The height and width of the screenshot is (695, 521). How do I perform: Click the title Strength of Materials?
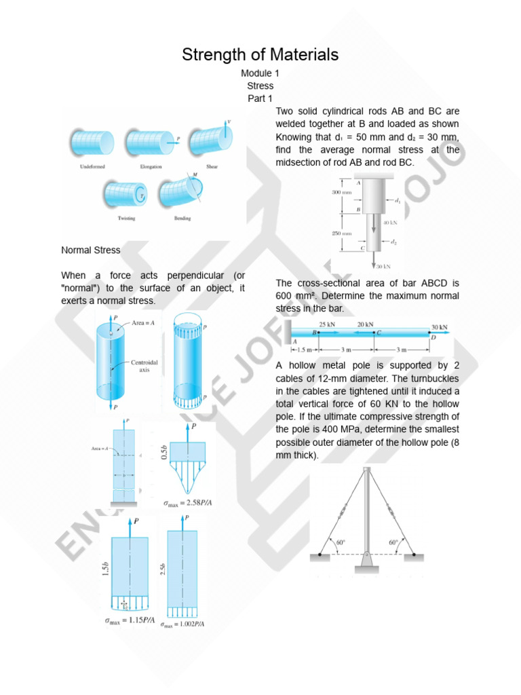click(260, 55)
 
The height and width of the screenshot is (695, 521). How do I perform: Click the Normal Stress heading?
click(91, 250)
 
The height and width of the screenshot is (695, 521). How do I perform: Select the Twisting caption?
click(126, 218)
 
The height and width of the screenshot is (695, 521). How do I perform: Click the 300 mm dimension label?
click(341, 193)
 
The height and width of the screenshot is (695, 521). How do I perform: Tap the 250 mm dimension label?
click(341, 233)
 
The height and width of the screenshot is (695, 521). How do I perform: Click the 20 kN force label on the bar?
click(366, 324)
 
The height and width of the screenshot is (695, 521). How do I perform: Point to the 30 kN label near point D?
click(439, 326)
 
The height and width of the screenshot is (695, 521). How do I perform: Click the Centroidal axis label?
click(144, 367)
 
